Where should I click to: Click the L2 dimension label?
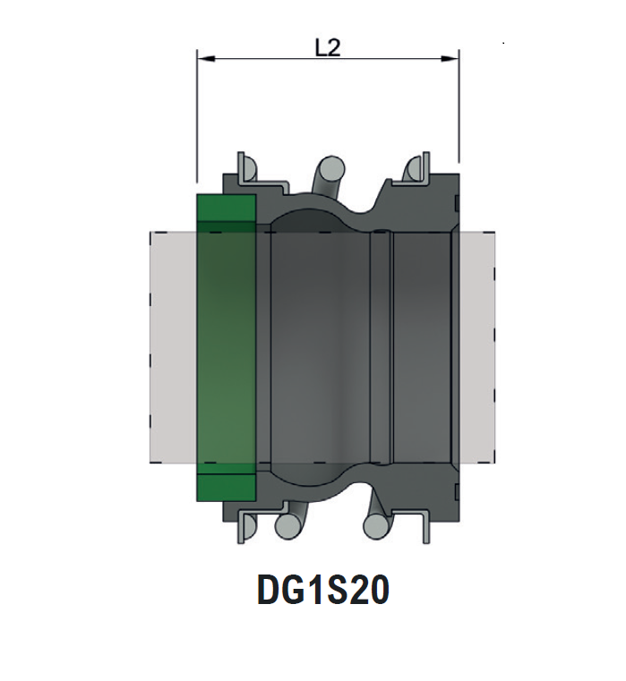point(328,48)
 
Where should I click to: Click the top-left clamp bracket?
point(247,167)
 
